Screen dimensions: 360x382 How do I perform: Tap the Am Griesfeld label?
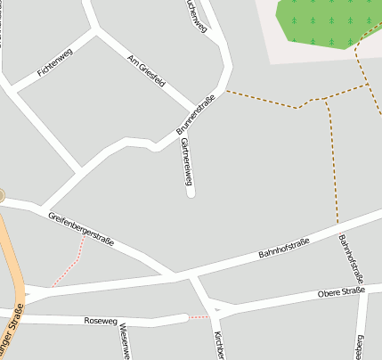[x=146, y=72]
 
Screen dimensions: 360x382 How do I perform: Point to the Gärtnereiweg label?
[x=186, y=161]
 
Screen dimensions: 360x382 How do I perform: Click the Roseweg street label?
[x=100, y=319]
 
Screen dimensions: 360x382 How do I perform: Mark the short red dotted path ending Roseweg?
[x=199, y=316]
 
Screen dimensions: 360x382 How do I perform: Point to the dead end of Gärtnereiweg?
[x=191, y=193]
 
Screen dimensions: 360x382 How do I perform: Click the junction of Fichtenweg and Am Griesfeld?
[x=93, y=32]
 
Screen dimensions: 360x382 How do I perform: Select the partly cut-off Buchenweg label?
[x=195, y=15]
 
